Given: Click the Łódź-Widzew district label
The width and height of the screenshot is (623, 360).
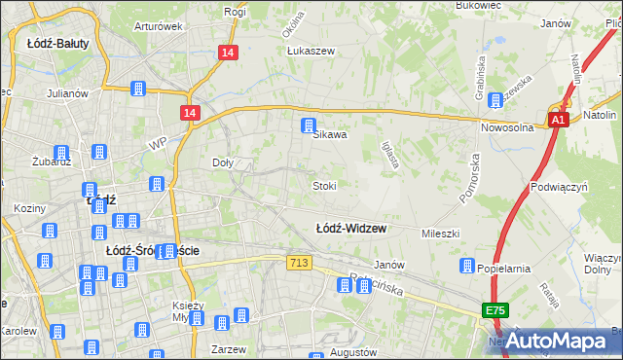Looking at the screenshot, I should tap(351, 229).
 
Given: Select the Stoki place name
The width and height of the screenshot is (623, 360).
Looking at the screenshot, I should tap(324, 185).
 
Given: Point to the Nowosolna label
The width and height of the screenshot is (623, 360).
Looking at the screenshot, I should tap(508, 127).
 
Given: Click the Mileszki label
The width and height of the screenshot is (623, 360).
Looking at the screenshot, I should tap(439, 234).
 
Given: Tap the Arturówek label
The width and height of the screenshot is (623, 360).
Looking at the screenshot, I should tap(159, 26).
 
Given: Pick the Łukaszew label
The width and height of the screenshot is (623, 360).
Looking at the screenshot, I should tap(311, 52).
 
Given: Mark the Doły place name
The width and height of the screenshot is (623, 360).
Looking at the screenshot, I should tap(222, 163).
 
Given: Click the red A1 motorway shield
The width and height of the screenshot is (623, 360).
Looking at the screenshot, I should tap(557, 120).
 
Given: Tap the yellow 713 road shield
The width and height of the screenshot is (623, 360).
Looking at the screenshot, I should tap(300, 263).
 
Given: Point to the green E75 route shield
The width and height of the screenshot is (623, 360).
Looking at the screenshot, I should tap(494, 310).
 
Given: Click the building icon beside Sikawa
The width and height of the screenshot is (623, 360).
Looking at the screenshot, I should tap(309, 125).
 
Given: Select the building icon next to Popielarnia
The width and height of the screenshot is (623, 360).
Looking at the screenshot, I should tap(467, 266).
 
